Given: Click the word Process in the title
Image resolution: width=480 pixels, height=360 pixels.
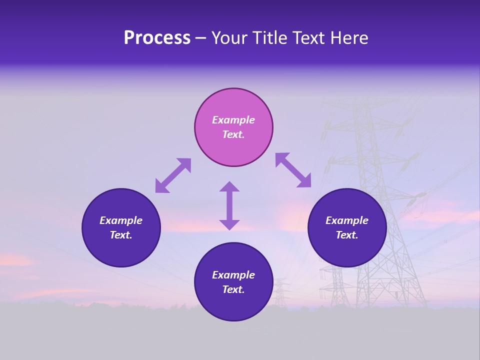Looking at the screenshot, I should coord(157,38).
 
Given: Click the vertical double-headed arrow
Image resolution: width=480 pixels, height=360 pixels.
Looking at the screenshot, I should coord(229,205).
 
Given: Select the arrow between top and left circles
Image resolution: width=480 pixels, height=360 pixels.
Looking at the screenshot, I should coord(173,175).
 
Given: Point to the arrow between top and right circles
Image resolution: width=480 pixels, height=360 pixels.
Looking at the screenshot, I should coord(293,170).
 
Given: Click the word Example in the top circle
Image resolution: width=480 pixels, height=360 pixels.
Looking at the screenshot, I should coord(233,120).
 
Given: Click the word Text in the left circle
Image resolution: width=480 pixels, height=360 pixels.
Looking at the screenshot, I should coord(121,235).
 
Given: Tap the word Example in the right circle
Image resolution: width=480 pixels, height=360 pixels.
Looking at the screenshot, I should coord(347,220).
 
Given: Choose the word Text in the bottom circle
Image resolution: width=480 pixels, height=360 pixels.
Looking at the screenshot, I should coord(233,289).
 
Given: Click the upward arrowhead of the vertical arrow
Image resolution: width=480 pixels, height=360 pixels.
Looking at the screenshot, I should coord(229,186).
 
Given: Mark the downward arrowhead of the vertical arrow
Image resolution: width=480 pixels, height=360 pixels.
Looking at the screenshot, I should coord(229,224).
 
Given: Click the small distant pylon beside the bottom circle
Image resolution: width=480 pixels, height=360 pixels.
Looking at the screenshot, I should coord(280,292).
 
